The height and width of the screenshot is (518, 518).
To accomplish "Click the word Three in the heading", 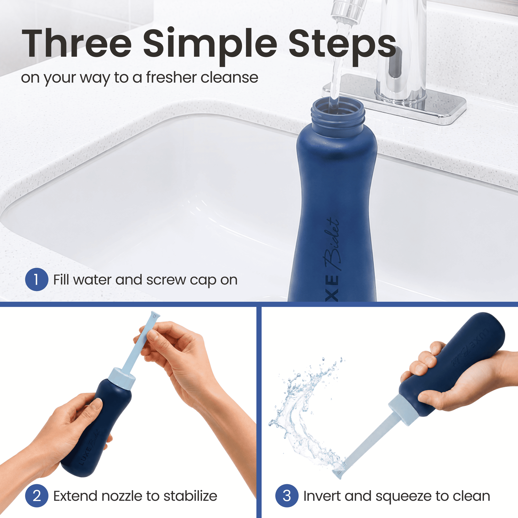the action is (77, 43).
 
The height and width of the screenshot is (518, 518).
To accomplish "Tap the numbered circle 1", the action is (37, 279).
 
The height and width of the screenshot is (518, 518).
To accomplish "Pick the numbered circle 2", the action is (37, 496).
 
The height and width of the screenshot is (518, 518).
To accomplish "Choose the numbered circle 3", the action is (287, 496).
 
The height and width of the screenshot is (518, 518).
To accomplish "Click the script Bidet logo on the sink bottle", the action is (332, 244).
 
